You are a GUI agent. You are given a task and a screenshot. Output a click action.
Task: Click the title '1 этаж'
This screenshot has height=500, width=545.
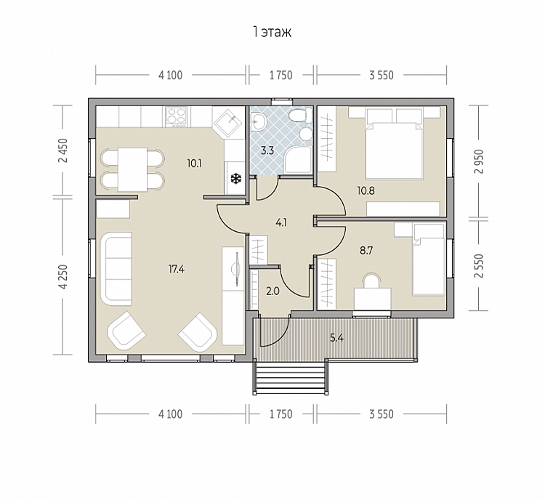(x=272, y=32)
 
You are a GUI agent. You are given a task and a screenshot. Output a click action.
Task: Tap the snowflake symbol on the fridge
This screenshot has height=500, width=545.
(x=236, y=179)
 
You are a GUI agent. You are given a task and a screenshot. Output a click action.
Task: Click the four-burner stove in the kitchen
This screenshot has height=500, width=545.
(x=177, y=116)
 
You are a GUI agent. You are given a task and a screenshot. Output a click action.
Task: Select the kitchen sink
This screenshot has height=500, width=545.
(x=227, y=121)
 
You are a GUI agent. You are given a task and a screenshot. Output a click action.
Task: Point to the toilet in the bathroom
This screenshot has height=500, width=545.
(x=300, y=115)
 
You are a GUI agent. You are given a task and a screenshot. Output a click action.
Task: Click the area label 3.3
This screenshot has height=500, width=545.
(x=267, y=150)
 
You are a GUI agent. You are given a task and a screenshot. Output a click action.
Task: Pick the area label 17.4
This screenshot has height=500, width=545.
(x=177, y=269)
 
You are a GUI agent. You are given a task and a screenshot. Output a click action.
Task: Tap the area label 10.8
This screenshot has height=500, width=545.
(x=366, y=190)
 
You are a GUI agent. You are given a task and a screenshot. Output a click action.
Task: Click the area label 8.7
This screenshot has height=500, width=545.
(x=366, y=250)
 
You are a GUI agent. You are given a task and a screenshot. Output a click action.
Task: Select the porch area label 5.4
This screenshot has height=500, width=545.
(x=336, y=337)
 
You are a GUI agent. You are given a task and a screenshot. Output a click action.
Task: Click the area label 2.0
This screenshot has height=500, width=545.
(x=272, y=291)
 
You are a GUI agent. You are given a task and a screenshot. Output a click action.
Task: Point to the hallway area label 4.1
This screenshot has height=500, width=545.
(x=280, y=222)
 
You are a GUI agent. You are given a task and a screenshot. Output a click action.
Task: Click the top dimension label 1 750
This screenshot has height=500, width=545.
(x=280, y=75)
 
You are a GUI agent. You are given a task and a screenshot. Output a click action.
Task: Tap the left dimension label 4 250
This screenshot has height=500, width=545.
(x=63, y=277)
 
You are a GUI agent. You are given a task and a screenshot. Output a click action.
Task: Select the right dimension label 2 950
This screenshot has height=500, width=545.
(x=480, y=161)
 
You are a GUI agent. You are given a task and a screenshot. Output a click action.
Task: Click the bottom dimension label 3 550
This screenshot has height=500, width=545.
(x=381, y=414)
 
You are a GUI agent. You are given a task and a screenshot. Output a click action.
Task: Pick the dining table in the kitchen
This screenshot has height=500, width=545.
(x=132, y=169)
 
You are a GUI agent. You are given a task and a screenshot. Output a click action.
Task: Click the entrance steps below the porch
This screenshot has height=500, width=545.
(x=290, y=377)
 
